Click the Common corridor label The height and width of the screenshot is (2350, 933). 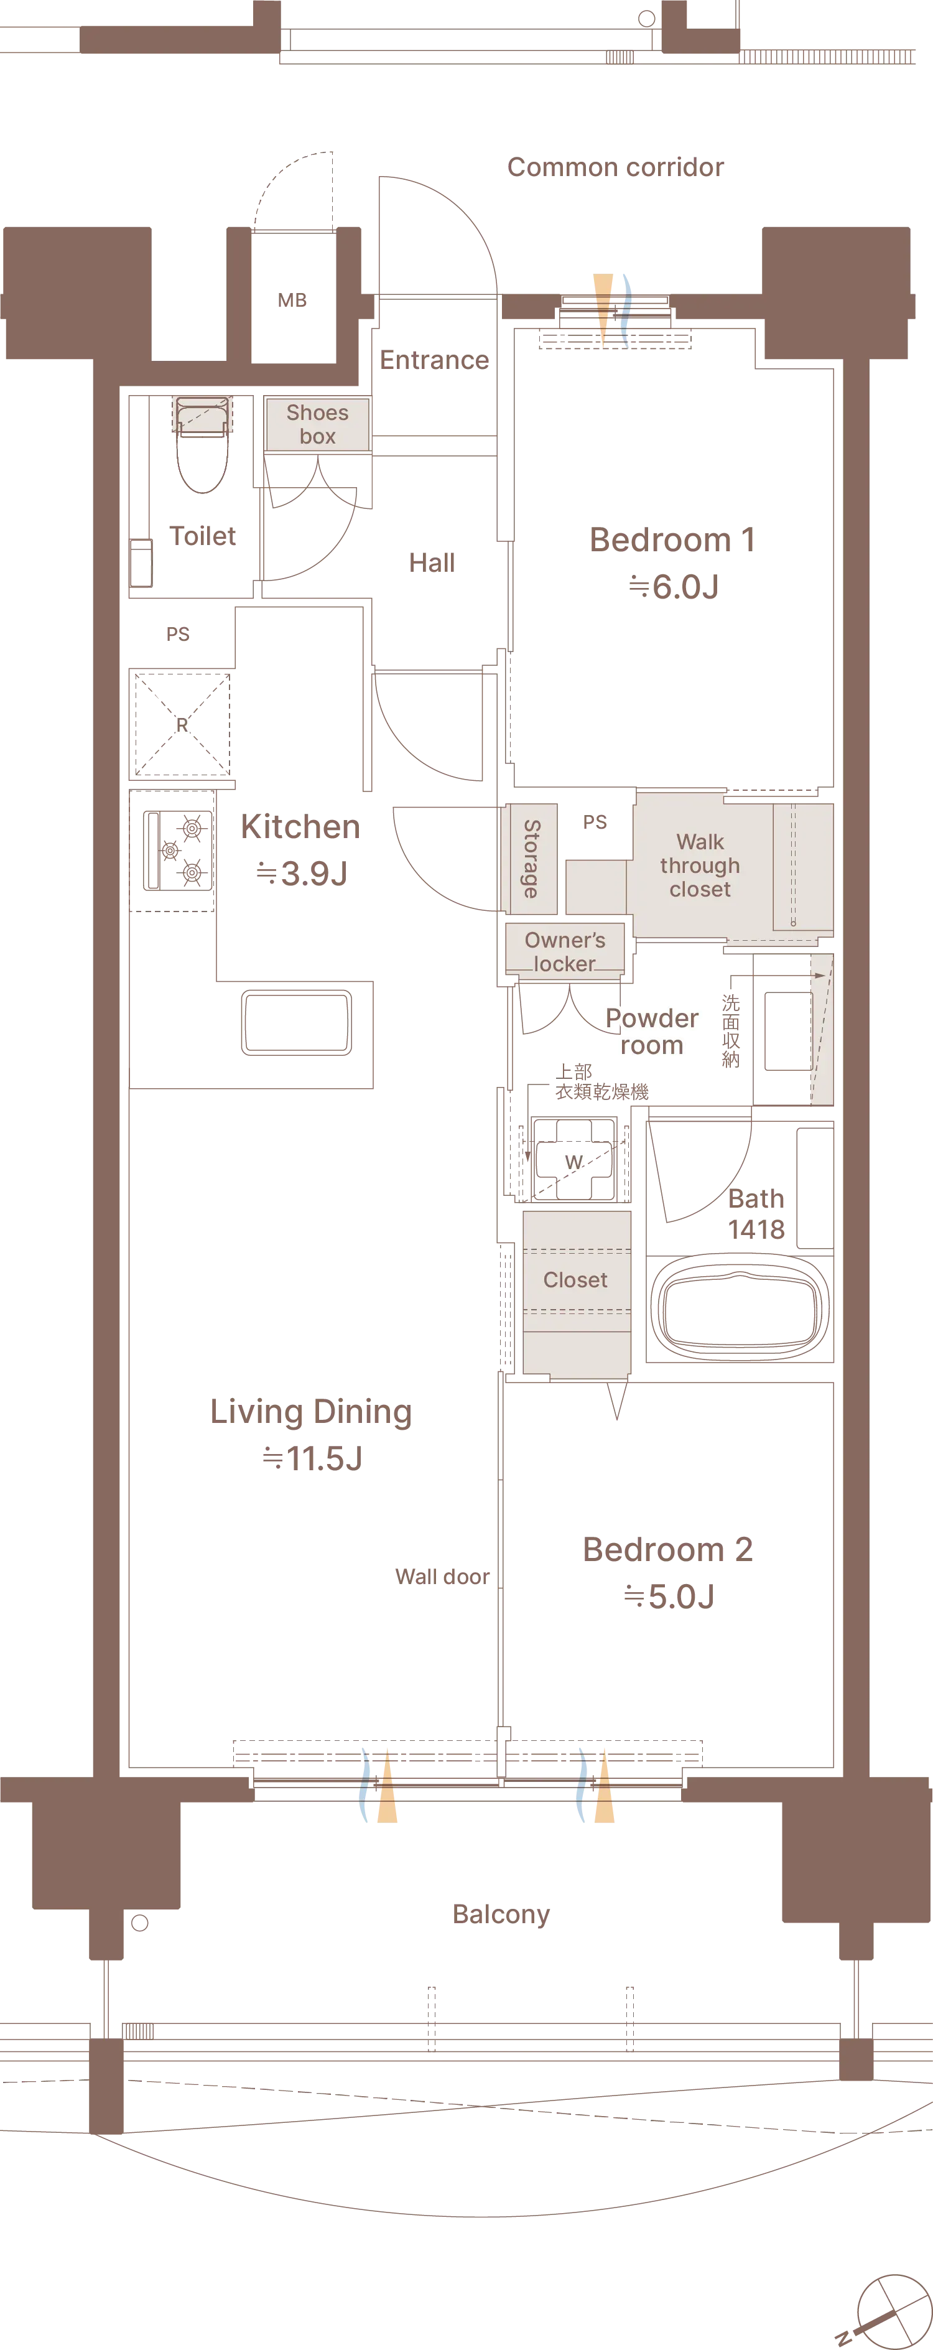coord(616,167)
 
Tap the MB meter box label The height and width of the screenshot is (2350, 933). coord(292,300)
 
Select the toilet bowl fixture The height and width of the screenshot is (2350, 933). coord(202,445)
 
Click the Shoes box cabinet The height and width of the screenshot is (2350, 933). coord(317,424)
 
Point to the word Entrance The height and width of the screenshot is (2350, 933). coord(434,360)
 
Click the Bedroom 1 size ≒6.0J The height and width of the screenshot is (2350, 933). coord(673,587)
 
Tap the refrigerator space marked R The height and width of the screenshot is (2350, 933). coord(182,724)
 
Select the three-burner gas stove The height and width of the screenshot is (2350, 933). coord(179,851)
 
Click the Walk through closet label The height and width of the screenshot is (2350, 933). coord(700,865)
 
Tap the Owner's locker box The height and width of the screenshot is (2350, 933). coord(565,951)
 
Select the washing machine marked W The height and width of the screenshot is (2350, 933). coord(573,1159)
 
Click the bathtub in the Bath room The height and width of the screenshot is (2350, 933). coord(740,1310)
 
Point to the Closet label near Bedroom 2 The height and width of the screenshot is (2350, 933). coord(575,1280)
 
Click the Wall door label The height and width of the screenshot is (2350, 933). coord(442,1577)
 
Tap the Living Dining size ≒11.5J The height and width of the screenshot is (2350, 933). coord(312,1458)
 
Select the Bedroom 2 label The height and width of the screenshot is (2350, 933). coord(667,1549)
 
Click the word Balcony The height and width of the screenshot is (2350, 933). coord(501,1914)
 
